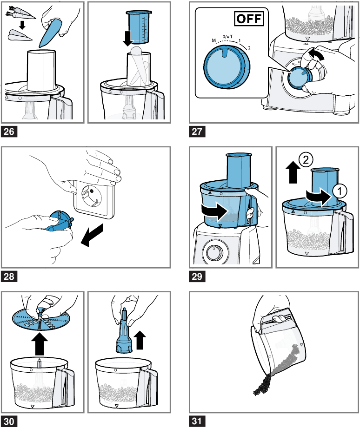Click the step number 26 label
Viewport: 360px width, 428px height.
coord(10,132)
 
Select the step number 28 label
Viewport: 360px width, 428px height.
coord(10,277)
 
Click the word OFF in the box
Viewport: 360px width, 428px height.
coord(247,19)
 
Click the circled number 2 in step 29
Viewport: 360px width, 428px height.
coord(305,160)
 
